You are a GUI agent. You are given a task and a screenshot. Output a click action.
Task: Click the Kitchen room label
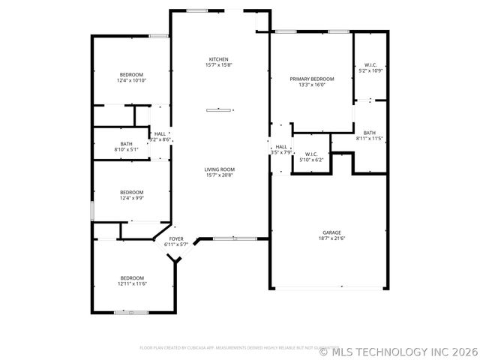(219, 59)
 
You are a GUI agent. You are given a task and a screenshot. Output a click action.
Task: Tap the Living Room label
(220, 169)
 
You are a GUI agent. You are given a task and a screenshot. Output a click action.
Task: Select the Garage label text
(331, 232)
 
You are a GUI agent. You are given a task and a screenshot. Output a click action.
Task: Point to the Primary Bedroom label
(312, 79)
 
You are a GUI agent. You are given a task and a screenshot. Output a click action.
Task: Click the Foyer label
(176, 238)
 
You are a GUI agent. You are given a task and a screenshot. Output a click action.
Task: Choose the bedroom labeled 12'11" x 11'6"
(131, 277)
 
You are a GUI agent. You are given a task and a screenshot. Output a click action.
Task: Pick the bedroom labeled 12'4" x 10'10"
(131, 74)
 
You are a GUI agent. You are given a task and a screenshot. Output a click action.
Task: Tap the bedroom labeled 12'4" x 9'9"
(131, 193)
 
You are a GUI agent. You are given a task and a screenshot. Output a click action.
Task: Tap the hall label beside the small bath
(160, 133)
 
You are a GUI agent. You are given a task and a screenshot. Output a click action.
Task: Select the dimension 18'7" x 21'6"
(331, 238)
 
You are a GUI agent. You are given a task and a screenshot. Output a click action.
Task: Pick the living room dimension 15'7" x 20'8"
(220, 175)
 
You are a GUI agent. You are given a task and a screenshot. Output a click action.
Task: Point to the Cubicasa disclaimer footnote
(239, 347)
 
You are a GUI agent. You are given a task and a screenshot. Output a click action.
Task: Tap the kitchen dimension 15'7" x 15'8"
(219, 64)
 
